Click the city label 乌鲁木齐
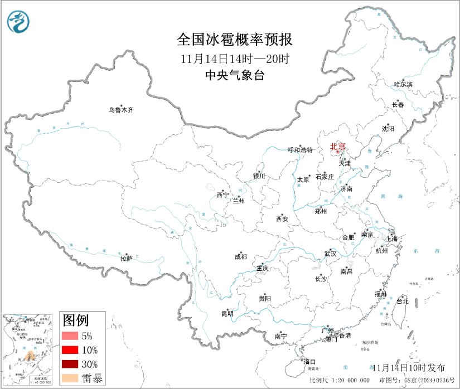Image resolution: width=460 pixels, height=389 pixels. pos(121,110)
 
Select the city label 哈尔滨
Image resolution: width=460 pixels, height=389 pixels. pos(403,84)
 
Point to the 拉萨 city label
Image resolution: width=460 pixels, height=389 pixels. pos(127,258)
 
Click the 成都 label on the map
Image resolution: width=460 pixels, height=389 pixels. pos(241,257)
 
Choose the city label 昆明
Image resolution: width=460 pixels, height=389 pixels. pos(227,313)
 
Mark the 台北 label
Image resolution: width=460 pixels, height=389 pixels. pos(402,301)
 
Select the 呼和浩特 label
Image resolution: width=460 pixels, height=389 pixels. pos(301,150)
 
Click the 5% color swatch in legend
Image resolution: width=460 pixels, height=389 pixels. pos(70,336)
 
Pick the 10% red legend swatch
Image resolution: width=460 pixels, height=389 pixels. pos(70,350)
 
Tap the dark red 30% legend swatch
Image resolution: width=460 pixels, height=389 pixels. pos(70,364)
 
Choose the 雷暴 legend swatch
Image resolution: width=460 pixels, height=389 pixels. pos(70,378)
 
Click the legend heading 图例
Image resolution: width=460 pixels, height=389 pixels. pos(75,320)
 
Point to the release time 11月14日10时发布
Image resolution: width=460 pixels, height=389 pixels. pos(409,367)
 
